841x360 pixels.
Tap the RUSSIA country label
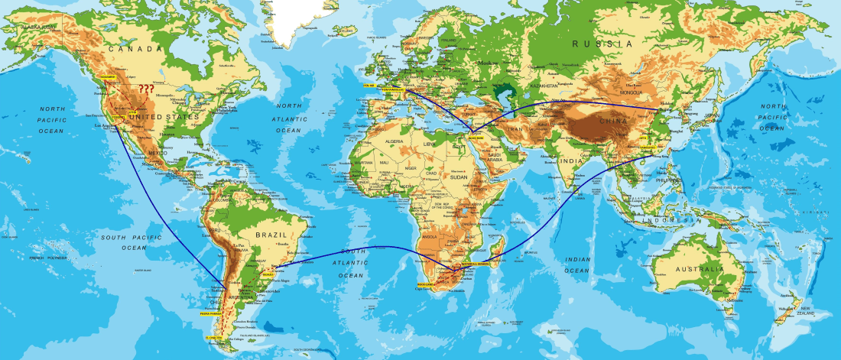pyautogui.click(x=603, y=44)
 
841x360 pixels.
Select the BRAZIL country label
pyautogui.click(x=271, y=235)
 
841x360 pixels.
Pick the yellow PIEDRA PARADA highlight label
pyautogui.click(x=211, y=313)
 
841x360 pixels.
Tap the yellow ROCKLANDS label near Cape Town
pyautogui.click(x=427, y=284)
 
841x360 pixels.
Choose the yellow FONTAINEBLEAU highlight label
pyautogui.click(x=395, y=89)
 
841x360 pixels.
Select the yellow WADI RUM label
pyautogui.click(x=476, y=135)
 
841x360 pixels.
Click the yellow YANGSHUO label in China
pyautogui.click(x=647, y=146)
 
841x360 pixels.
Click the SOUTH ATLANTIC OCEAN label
pyautogui.click(x=353, y=263)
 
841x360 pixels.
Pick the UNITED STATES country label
pyautogui.click(x=169, y=116)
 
